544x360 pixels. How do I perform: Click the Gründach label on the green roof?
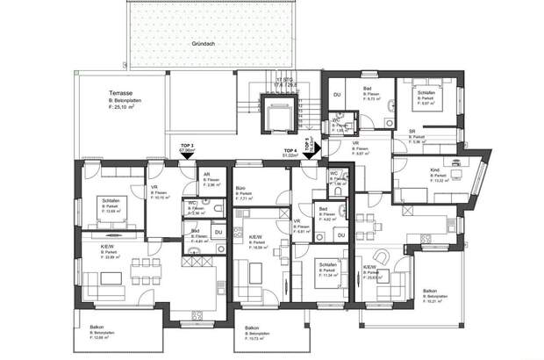tap(204, 42)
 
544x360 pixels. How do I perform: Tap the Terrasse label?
tap(120, 91)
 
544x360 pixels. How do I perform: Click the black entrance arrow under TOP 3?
tap(186, 155)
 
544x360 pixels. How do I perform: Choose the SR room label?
tap(411, 133)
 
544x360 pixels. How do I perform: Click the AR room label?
tap(207, 174)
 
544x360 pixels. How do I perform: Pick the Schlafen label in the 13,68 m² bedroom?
tap(111, 201)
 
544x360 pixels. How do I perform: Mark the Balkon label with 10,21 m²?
tap(430, 291)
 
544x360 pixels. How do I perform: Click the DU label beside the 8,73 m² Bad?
tap(335, 95)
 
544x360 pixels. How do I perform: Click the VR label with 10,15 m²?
tap(153, 187)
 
